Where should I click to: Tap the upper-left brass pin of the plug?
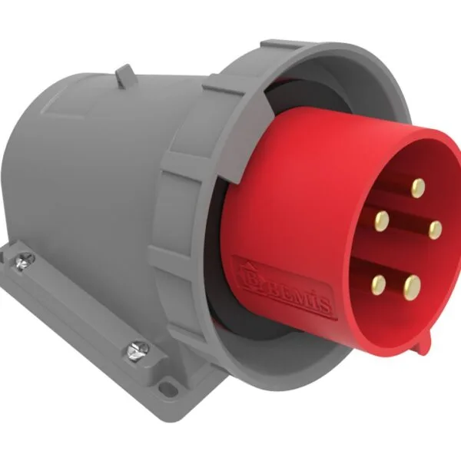click(381, 221)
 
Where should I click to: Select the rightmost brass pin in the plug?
click(435, 228)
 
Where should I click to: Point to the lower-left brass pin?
click(377, 285)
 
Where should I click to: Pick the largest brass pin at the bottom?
click(413, 287)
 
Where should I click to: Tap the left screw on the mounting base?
click(24, 264)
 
